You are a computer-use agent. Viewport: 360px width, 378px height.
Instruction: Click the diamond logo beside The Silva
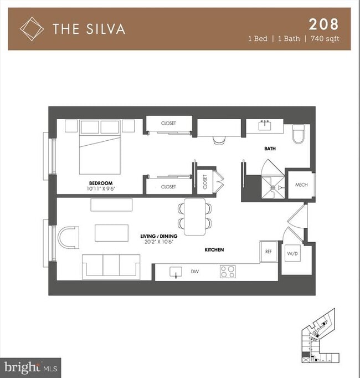32,28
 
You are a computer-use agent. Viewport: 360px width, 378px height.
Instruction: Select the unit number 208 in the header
322,24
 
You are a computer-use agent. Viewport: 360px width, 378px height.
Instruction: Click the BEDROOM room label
101,183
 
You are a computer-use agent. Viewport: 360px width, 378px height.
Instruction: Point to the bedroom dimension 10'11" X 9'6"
101,190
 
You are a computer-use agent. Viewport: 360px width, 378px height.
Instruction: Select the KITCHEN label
214,250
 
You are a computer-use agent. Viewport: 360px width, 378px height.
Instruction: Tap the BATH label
270,149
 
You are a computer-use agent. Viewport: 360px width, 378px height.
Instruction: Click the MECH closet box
301,185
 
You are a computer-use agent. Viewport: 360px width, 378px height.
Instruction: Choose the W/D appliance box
292,253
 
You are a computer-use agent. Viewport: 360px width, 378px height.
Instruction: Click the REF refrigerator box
269,252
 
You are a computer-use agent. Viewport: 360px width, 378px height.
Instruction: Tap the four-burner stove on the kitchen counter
228,272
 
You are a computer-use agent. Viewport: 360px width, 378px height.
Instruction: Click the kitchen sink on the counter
176,272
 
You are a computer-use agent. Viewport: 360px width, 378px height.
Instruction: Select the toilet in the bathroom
299,133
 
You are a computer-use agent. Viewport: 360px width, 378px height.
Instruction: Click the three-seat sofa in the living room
111,266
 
